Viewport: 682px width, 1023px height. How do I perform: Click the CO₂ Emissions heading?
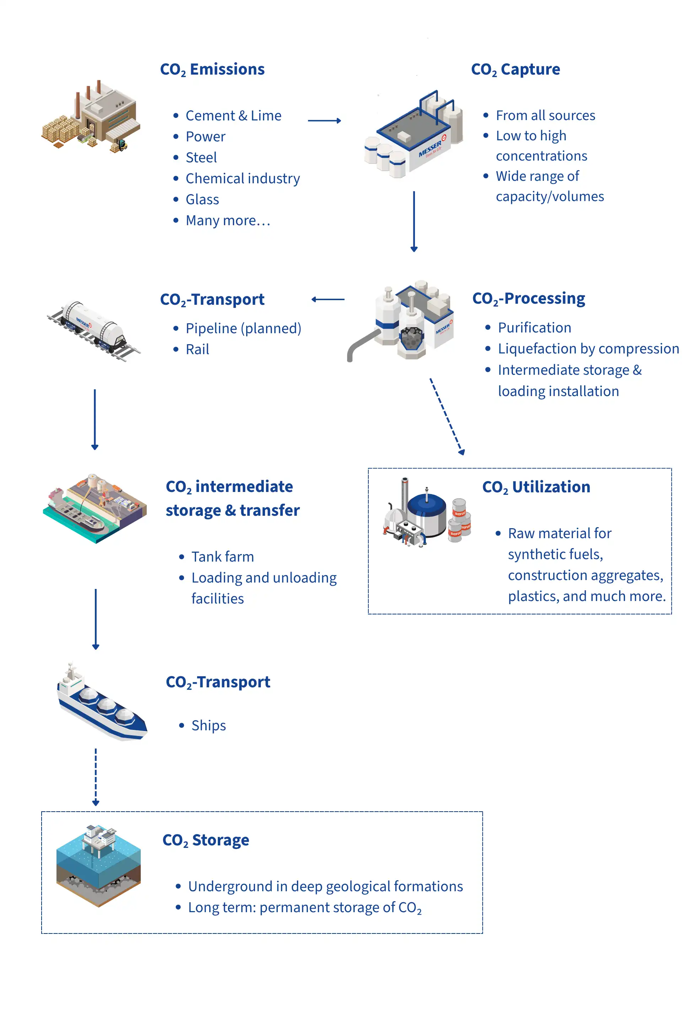pyautogui.click(x=212, y=70)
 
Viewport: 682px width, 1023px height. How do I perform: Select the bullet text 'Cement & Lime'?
pyautogui.click(x=234, y=116)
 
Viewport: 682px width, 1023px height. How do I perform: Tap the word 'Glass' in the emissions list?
pyautogui.click(x=202, y=200)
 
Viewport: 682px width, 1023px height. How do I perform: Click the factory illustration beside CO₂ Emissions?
pyautogui.click(x=91, y=117)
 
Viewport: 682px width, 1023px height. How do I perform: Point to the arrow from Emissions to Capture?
pyautogui.click(x=324, y=120)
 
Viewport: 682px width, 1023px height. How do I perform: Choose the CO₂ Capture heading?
pyautogui.click(x=515, y=70)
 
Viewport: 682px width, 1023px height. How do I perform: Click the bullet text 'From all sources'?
pyautogui.click(x=546, y=116)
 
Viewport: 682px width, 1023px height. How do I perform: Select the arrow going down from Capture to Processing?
pyautogui.click(x=414, y=221)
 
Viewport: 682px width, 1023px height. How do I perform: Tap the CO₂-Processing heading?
pyautogui.click(x=529, y=299)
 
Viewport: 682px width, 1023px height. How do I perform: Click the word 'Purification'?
pyautogui.click(x=535, y=328)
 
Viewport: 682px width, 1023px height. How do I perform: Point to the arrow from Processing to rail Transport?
pyautogui.click(x=328, y=299)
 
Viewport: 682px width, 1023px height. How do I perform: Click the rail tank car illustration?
pyautogui.click(x=93, y=331)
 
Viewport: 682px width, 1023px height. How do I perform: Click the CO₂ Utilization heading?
pyautogui.click(x=536, y=487)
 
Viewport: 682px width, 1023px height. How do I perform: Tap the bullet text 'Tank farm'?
pyautogui.click(x=223, y=557)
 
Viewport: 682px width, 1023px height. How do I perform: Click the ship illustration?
pyautogui.click(x=102, y=702)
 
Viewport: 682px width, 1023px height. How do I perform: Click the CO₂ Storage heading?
pyautogui.click(x=206, y=840)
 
